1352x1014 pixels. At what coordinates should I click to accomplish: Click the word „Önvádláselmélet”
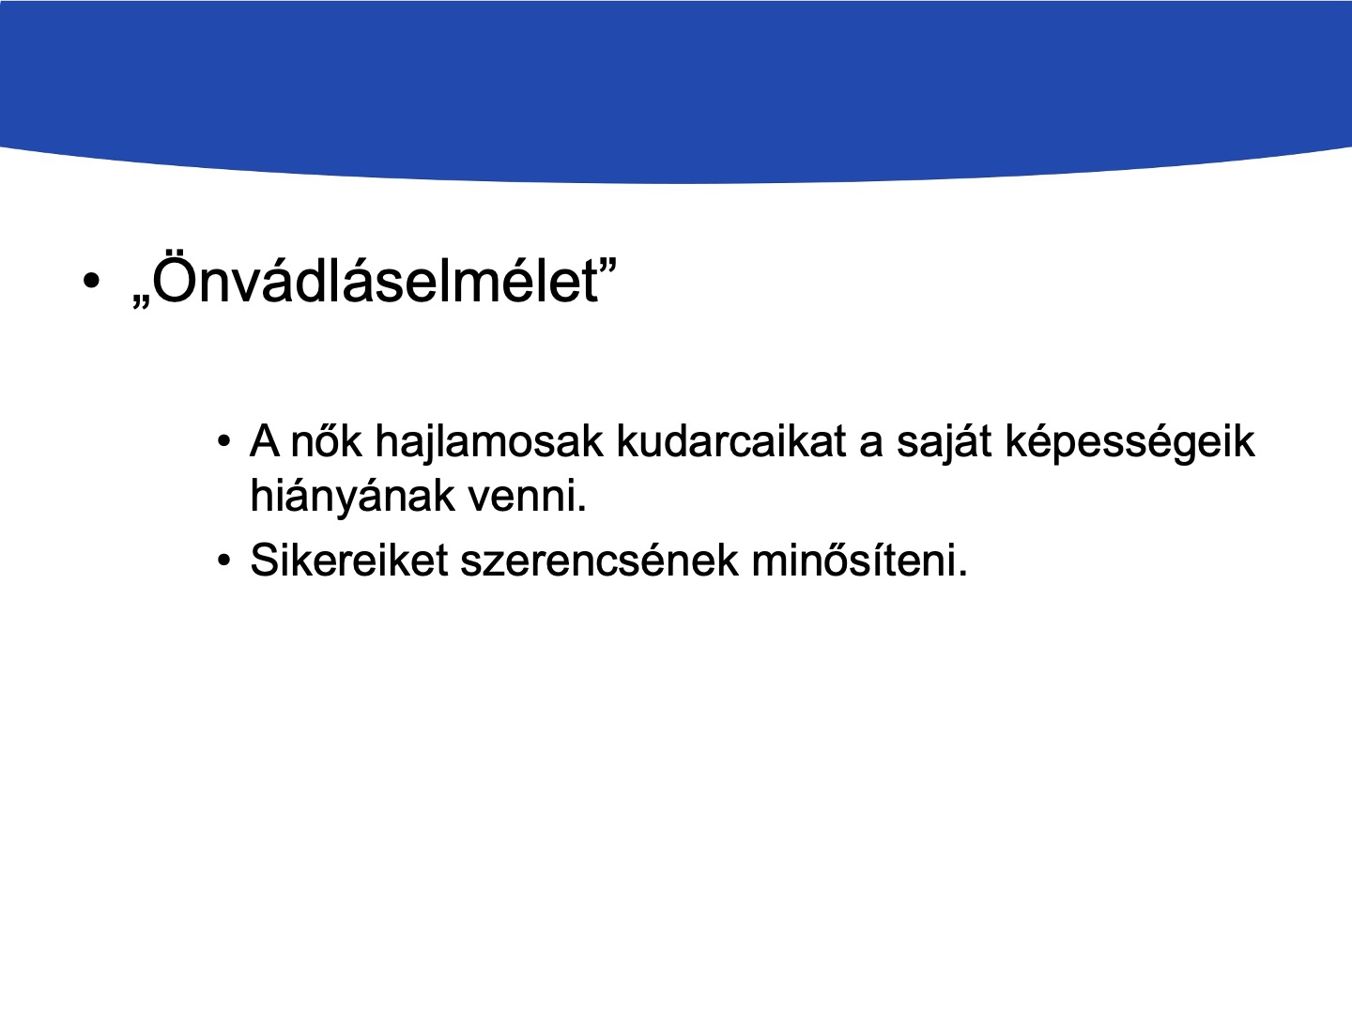(375, 280)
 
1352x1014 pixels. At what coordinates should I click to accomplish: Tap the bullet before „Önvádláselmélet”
(90, 281)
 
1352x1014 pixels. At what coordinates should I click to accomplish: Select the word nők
(326, 441)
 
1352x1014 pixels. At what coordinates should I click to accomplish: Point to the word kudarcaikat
(731, 441)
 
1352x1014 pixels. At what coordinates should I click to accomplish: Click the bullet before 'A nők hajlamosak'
(224, 441)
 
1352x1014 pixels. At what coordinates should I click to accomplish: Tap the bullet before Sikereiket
(224, 561)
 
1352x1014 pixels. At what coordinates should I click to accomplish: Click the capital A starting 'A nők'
(264, 441)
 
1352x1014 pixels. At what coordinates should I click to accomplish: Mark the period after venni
(582, 509)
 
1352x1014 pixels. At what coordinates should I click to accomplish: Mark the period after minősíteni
(962, 573)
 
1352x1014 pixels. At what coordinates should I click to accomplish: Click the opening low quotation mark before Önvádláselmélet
(141, 301)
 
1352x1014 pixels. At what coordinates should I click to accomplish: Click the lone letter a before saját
(871, 444)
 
